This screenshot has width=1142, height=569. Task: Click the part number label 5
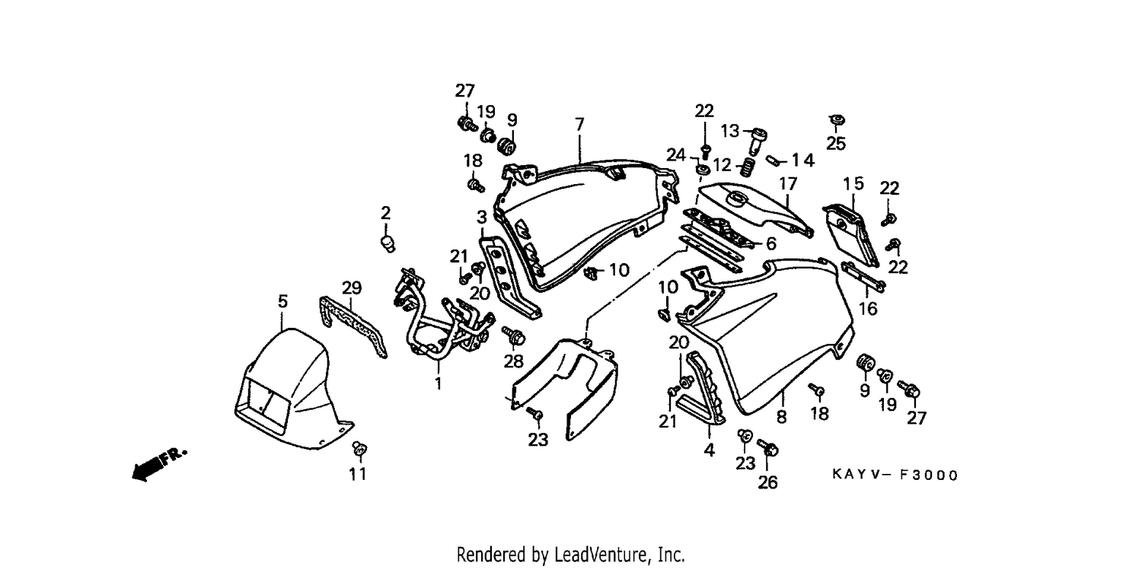[282, 301]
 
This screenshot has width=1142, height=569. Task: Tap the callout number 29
[351, 288]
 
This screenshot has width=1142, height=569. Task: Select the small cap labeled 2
[388, 243]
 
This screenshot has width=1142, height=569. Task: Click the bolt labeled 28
[514, 335]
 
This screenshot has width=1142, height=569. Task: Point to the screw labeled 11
[359, 450]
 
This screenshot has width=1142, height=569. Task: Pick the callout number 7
[579, 124]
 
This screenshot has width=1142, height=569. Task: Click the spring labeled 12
[747, 167]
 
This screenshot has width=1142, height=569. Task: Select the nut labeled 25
[837, 121]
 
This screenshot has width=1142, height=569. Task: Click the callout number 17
[788, 183]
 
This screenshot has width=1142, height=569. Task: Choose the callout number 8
[781, 417]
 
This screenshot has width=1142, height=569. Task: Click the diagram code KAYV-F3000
[895, 475]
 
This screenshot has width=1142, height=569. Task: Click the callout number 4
[709, 450]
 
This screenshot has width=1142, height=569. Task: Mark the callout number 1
[439, 383]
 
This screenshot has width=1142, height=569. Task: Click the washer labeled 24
[703, 170]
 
